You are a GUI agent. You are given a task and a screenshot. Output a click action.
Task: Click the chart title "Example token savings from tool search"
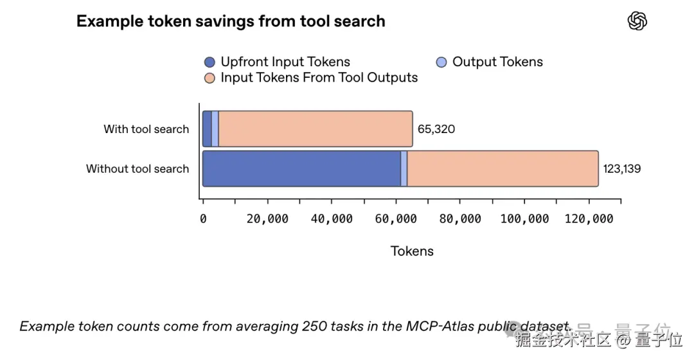[x=231, y=21]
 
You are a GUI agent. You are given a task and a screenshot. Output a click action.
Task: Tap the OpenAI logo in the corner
[x=637, y=21]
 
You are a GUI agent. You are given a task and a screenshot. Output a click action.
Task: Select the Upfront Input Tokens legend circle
[x=209, y=62]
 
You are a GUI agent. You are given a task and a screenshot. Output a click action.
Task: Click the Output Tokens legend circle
[x=441, y=62]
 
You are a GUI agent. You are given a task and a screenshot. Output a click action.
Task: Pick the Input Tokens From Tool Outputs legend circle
[x=209, y=78]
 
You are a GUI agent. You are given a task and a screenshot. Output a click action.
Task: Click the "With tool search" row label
[x=147, y=129]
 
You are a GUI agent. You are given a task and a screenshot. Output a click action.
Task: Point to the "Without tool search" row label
[x=138, y=169]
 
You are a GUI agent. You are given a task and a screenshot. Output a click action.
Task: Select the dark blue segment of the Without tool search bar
[x=301, y=169]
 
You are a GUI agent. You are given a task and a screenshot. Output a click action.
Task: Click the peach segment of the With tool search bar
[x=315, y=129]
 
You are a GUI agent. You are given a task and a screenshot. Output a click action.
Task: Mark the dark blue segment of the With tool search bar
[x=207, y=129]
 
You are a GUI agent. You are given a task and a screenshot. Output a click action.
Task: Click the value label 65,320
[x=436, y=129]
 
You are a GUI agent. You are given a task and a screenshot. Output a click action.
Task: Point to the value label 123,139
[x=622, y=169]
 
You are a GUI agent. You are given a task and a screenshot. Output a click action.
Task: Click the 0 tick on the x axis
[x=203, y=219]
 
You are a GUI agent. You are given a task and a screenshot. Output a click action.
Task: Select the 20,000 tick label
[x=267, y=219]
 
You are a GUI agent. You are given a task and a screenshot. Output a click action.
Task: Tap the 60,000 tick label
[x=396, y=219]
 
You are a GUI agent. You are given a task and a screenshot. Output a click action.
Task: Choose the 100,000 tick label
[x=524, y=219]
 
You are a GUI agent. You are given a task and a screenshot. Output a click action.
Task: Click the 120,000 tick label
[x=589, y=219]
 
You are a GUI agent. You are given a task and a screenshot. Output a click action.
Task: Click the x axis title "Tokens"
[x=412, y=251]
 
